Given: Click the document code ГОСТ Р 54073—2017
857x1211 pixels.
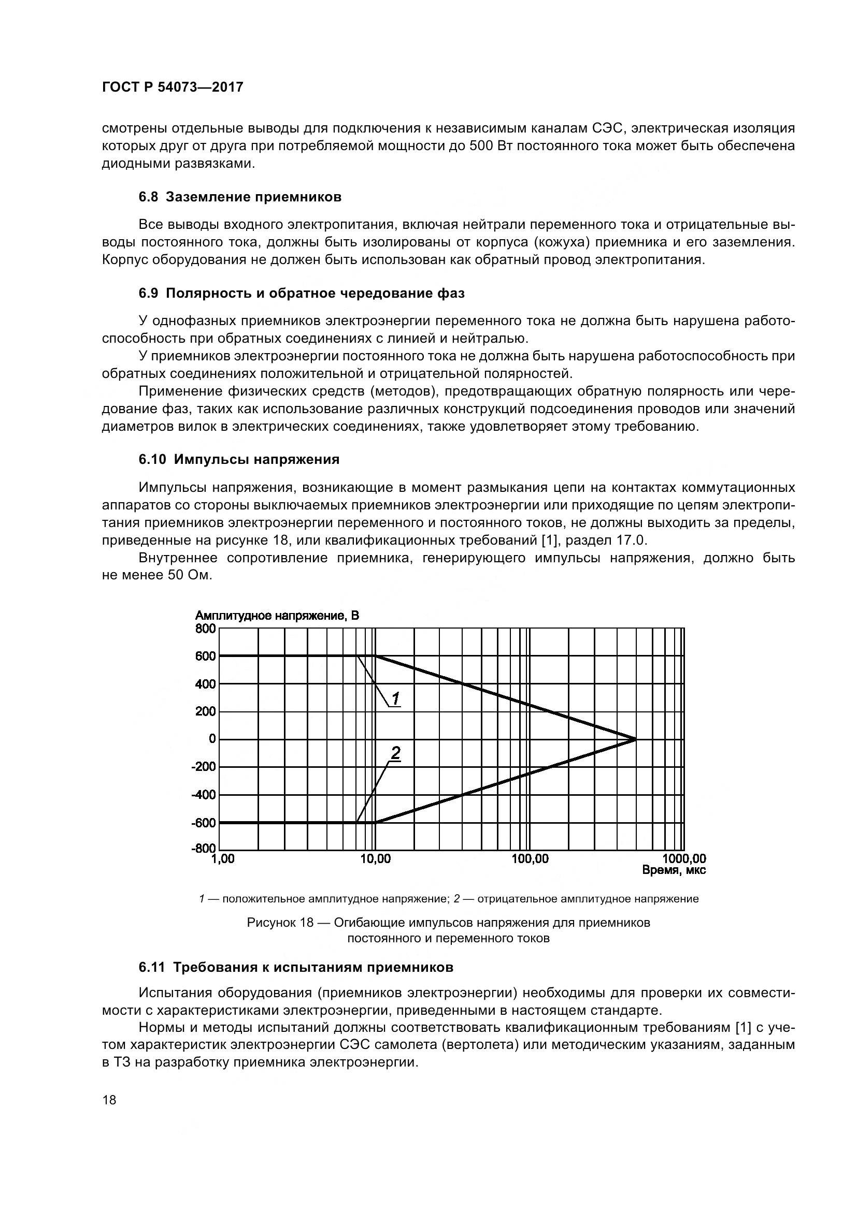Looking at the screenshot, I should coord(173,87).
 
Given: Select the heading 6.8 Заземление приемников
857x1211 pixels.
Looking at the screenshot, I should coord(240,197).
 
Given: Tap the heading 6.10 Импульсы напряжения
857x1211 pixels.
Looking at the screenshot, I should coord(239,459).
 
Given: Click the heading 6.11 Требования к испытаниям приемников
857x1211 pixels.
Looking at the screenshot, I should coord(296,967).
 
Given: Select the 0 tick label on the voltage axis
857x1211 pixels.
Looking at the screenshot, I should coord(212,739).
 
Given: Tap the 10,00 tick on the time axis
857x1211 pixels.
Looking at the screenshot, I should coord(375,859).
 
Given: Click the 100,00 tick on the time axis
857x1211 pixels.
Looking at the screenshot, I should coord(530,859).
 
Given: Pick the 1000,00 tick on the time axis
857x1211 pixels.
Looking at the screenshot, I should coord(684,859).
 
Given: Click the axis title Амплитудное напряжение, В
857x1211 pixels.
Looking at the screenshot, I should coord(277,616).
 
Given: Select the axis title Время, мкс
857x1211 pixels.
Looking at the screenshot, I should coord(674,870).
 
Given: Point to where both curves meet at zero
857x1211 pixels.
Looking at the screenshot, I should coord(636,739).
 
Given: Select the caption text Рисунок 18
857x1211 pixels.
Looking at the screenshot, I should coord(280,923).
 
